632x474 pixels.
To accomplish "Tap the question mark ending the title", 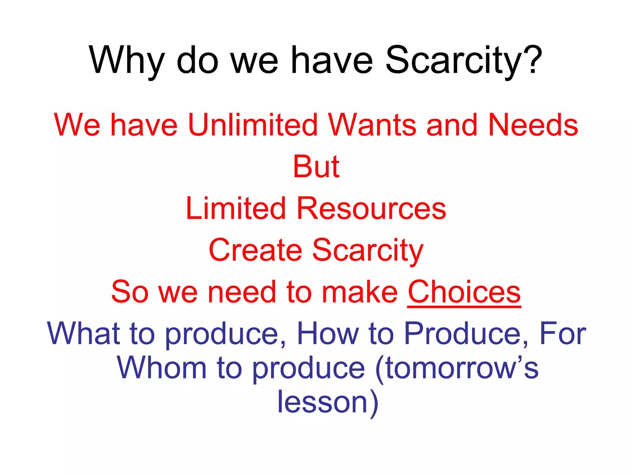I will tap(531, 60).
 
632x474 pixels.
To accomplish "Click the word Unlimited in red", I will tap(253, 125).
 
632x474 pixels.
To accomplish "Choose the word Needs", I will tap(533, 125).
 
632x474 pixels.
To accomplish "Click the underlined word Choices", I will tap(464, 292).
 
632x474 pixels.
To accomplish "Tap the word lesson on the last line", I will tap(322, 402).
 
